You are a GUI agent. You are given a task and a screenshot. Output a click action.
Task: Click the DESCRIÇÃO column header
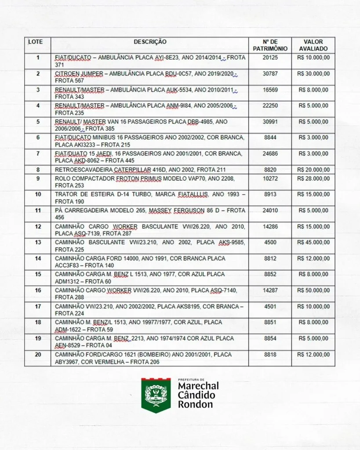coord(150,42)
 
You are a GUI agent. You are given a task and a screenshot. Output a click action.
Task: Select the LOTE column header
coord(36,42)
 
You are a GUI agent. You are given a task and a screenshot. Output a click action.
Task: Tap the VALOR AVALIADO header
coord(313,45)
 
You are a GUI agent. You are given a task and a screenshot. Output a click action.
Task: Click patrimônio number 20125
coord(270,58)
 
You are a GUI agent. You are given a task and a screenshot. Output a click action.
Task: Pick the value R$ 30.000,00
coord(313,74)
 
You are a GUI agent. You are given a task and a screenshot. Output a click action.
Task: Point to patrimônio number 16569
coord(270,90)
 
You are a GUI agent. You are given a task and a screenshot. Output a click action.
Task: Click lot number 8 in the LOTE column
coord(38,170)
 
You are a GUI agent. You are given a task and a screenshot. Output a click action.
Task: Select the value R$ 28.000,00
coord(313,178)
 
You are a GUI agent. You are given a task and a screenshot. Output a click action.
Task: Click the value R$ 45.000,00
coord(313,242)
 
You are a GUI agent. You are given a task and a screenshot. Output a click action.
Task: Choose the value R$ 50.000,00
coord(313,290)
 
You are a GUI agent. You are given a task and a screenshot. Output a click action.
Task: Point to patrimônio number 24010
coord(270,210)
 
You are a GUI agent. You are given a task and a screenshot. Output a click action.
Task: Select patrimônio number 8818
coord(270,354)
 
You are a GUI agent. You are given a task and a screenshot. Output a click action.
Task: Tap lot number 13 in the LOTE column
coord(38,242)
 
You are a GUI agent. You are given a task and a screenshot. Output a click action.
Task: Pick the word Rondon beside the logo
coord(195,404)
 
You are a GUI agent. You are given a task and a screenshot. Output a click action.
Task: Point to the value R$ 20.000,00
coord(313,170)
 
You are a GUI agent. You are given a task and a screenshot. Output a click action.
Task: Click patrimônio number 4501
coord(270,306)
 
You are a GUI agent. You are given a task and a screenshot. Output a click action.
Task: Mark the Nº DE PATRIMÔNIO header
coord(270,45)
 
